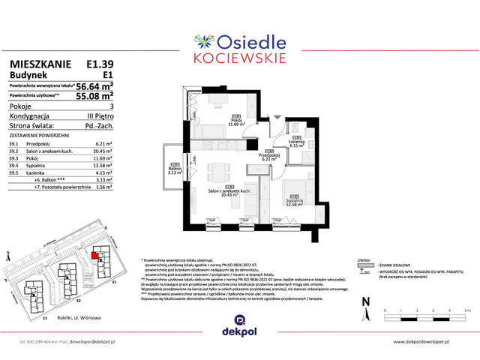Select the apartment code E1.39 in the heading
pyautogui.click(x=100, y=64)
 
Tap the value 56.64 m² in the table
pyautogui.click(x=94, y=86)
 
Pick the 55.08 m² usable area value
pyautogui.click(x=94, y=96)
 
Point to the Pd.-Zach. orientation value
pyautogui.click(x=98, y=126)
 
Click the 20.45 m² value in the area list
pyautogui.click(x=103, y=149)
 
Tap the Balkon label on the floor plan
pyautogui.click(x=175, y=169)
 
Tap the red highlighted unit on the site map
pyautogui.click(x=94, y=255)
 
